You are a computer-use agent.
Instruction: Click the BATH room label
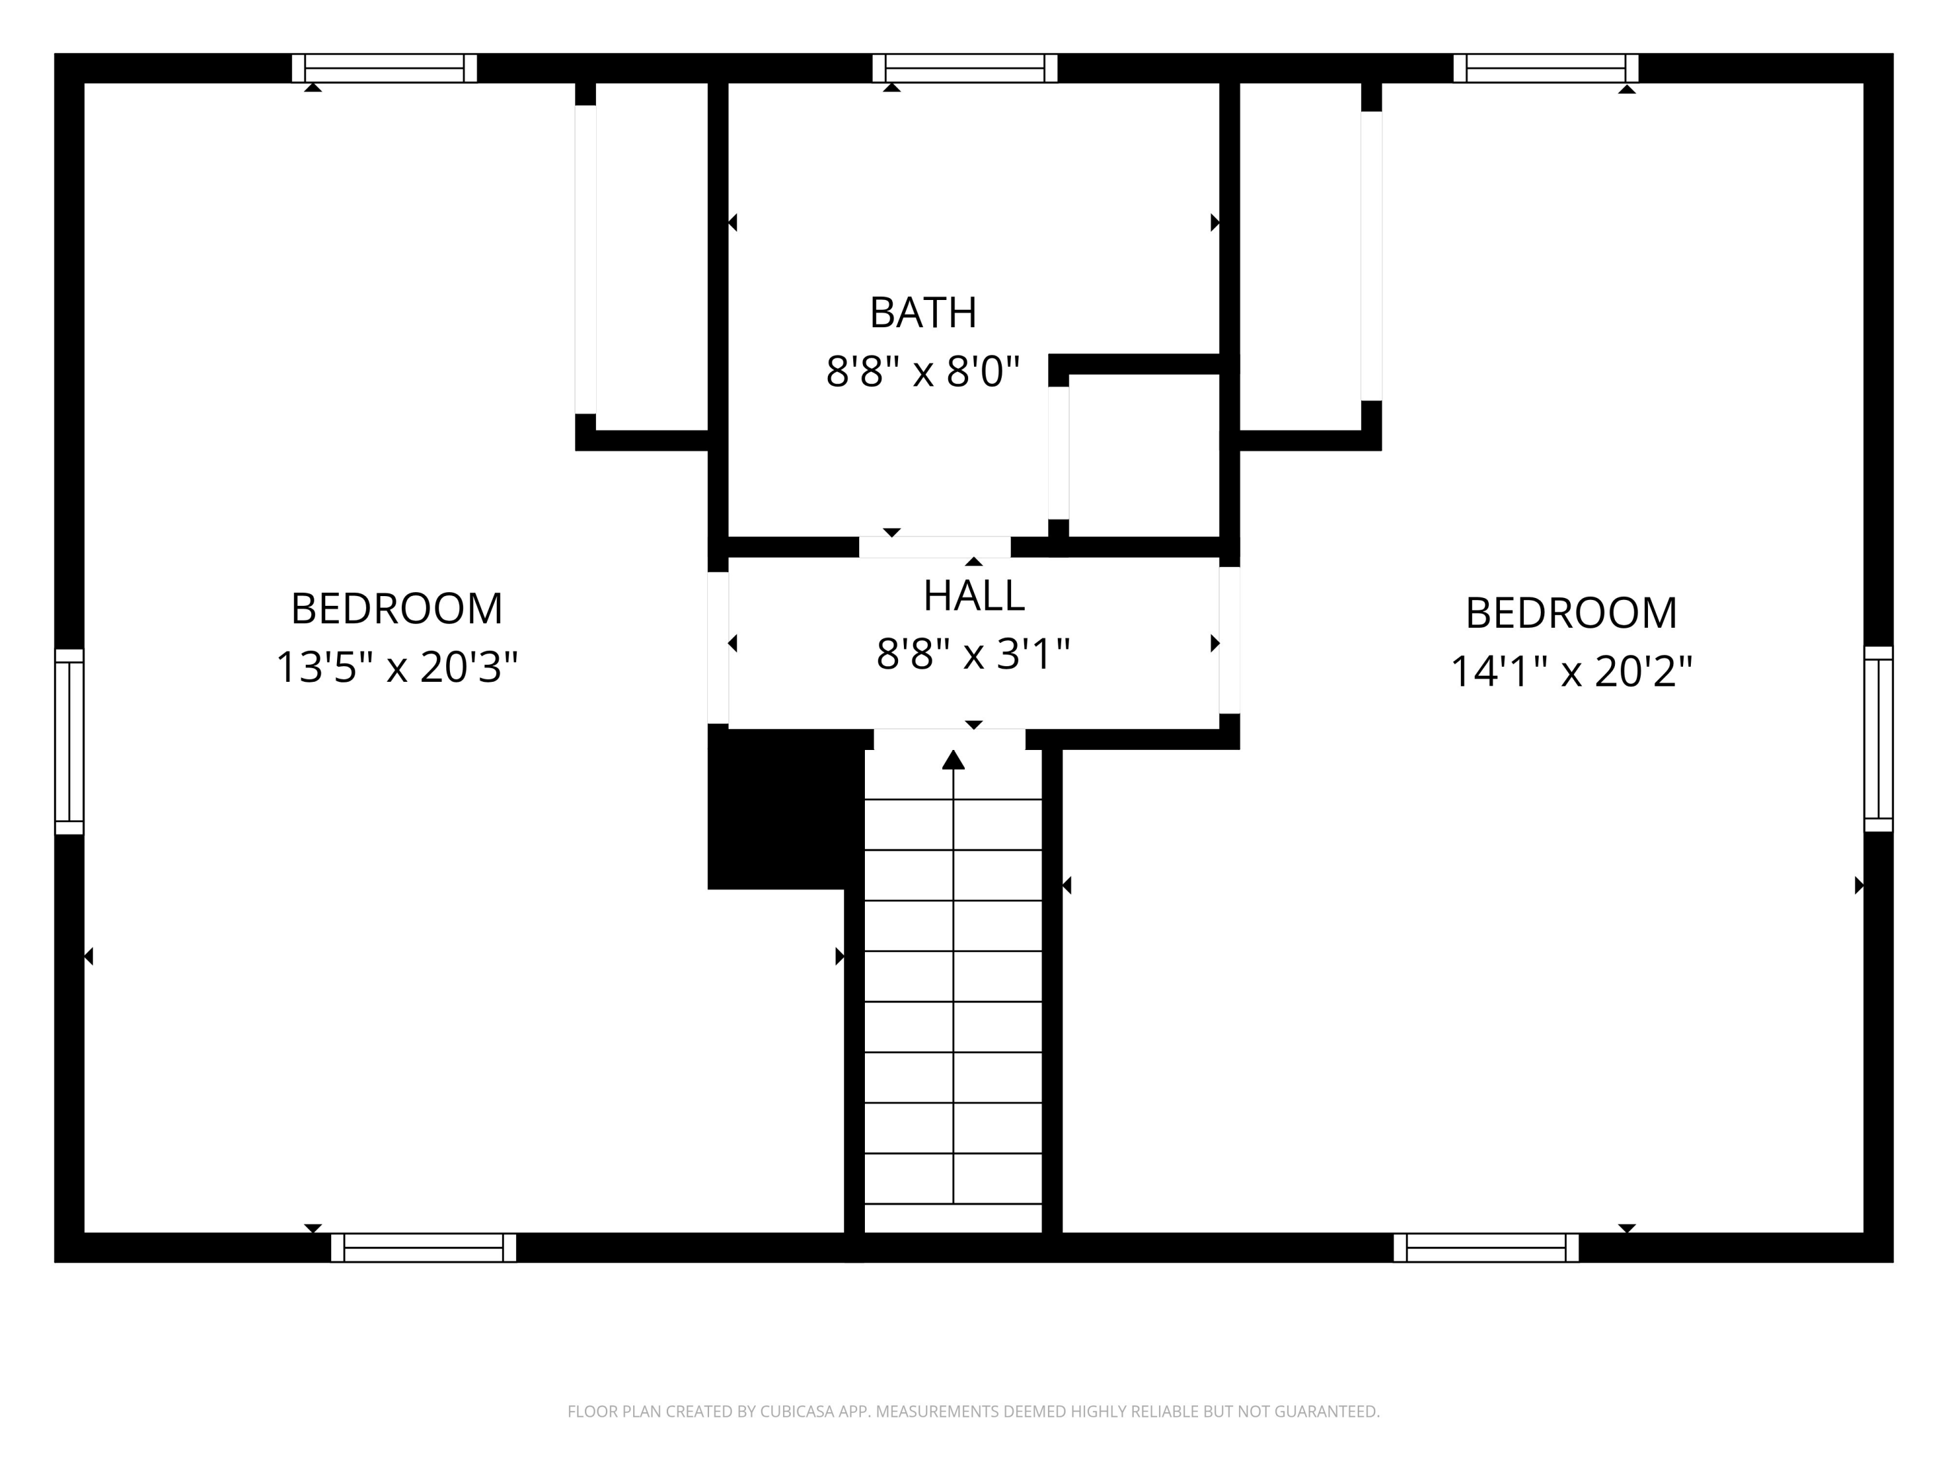[x=923, y=312]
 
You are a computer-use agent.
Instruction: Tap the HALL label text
[x=973, y=596]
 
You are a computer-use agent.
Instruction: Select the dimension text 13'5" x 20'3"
[x=396, y=668]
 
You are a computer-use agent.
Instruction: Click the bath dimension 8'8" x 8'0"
[x=922, y=371]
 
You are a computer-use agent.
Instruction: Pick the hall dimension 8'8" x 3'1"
[x=973, y=655]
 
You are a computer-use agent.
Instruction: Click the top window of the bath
[x=964, y=68]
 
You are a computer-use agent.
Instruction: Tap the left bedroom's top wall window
[x=384, y=68]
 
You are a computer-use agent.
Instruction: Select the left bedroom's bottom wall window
[x=423, y=1247]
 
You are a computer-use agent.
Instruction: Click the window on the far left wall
[x=69, y=742]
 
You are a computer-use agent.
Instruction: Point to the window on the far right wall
[x=1878, y=739]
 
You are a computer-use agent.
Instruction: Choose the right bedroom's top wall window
[x=1545, y=68]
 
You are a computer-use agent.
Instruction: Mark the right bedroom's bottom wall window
[x=1486, y=1247]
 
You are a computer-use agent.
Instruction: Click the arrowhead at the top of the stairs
[x=953, y=760]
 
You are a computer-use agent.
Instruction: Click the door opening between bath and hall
[x=934, y=547]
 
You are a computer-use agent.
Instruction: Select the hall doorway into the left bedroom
[x=718, y=647]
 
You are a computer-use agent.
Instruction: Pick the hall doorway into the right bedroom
[x=1229, y=640]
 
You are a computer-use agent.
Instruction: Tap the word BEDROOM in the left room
[x=396, y=608]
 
